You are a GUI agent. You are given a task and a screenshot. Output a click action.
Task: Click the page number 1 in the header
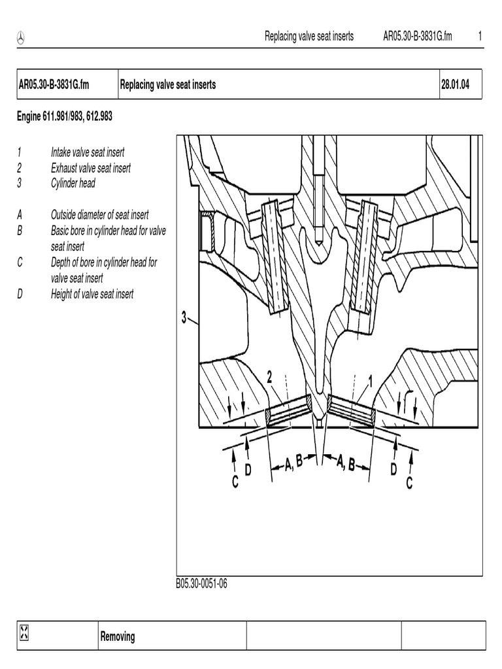[480, 37]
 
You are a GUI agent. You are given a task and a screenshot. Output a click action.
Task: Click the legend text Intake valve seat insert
[88, 152]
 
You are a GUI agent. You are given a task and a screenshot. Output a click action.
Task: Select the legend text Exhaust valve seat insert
[91, 168]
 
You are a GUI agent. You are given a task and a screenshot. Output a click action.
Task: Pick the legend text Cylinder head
[73, 184]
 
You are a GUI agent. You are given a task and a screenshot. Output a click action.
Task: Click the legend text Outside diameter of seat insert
[99, 215]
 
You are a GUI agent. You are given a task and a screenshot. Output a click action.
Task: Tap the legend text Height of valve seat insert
[92, 294]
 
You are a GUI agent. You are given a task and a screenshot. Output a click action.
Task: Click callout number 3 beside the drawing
[184, 318]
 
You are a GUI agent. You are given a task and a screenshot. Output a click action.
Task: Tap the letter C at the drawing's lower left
[234, 483]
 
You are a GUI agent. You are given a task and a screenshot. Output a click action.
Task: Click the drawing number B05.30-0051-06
[201, 584]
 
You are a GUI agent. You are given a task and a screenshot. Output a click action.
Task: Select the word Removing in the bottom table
[118, 636]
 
